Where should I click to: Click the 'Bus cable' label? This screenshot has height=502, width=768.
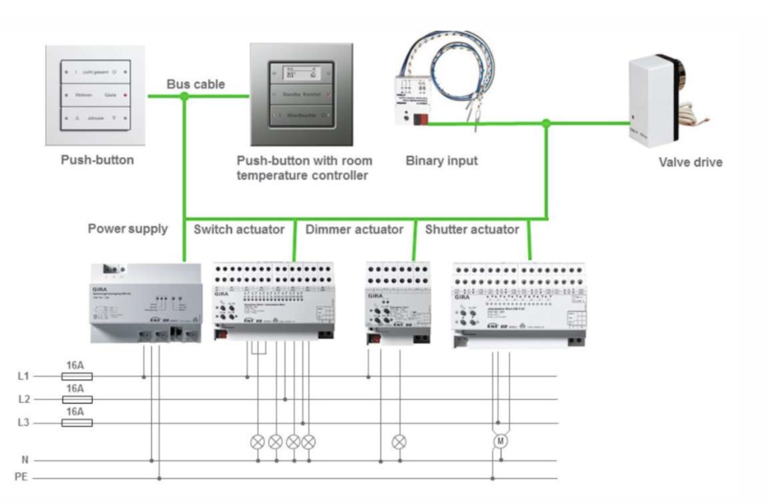[196, 84]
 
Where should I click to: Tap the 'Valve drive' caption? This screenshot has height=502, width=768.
[690, 162]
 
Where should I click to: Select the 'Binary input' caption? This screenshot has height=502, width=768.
[442, 161]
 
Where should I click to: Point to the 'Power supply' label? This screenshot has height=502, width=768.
[128, 229]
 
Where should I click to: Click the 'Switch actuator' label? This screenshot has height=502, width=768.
[239, 229]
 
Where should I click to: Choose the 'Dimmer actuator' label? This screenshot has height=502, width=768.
[354, 229]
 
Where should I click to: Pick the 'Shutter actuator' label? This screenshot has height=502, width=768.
[472, 229]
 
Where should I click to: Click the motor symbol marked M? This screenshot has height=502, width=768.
[501, 441]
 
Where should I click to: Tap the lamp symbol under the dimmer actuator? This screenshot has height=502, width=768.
[399, 442]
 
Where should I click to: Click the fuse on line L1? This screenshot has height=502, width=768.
[77, 376]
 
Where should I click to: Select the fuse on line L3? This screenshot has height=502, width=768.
[77, 423]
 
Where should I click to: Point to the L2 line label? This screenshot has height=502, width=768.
[24, 399]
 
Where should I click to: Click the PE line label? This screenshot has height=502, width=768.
[21, 477]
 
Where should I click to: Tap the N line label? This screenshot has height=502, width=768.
[25, 459]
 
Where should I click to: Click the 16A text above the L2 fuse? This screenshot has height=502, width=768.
[75, 389]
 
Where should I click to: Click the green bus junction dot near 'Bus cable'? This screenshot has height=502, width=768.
[184, 96]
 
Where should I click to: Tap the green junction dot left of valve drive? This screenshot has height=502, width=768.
[546, 123]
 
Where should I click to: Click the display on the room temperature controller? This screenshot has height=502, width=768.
[301, 73]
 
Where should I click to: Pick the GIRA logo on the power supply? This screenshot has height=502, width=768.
[100, 289]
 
